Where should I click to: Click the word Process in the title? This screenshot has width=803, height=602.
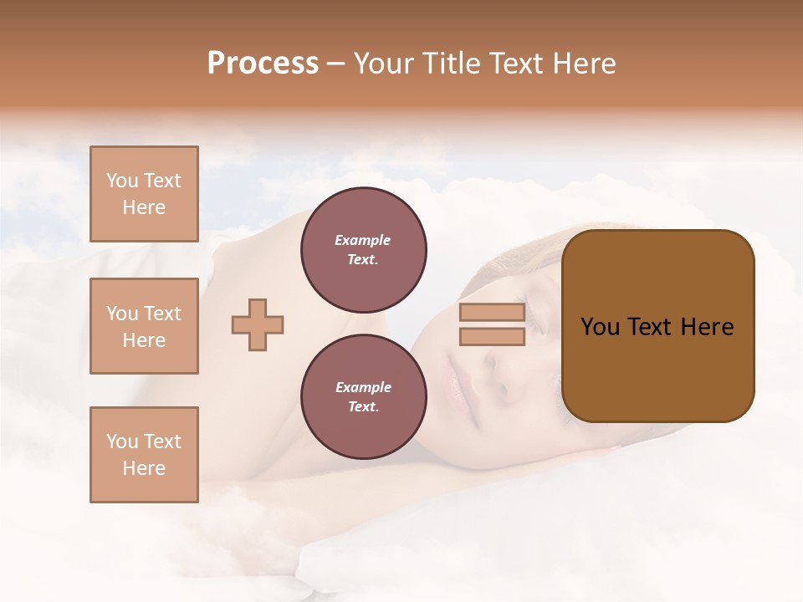(263, 64)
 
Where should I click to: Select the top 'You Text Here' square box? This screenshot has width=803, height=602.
(144, 194)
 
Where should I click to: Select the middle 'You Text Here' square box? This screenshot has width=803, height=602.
(144, 326)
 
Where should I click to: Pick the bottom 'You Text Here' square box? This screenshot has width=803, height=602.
(144, 455)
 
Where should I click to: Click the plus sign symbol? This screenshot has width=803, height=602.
(257, 325)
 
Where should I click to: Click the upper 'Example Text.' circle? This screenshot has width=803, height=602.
(364, 250)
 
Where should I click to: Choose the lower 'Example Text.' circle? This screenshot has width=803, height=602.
(364, 397)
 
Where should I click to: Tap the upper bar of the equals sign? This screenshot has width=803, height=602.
(492, 313)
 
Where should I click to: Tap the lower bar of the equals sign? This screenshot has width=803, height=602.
(492, 337)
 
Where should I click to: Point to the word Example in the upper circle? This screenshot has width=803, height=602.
(363, 240)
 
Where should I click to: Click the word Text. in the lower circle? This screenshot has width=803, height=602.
(364, 407)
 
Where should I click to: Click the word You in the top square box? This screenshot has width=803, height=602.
(122, 181)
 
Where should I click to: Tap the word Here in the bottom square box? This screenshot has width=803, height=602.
(144, 468)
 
